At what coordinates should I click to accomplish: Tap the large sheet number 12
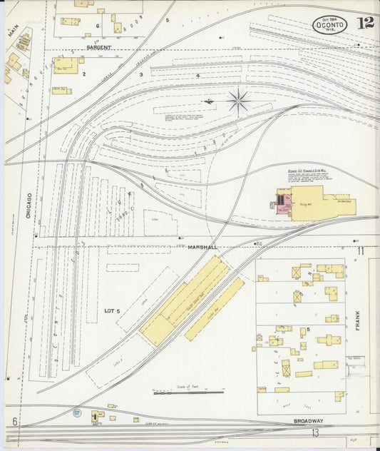(x=366, y=22)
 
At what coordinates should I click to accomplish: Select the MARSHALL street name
(x=202, y=247)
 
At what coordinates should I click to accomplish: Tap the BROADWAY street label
(x=308, y=421)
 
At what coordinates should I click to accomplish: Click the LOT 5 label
(x=113, y=310)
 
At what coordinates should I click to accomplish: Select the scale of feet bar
(x=188, y=392)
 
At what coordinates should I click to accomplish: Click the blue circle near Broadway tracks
(x=76, y=412)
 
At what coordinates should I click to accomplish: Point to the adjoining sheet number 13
(x=314, y=433)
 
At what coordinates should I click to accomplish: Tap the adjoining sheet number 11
(x=361, y=250)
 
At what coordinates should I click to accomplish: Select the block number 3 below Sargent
(x=141, y=74)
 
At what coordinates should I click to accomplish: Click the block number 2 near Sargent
(x=83, y=74)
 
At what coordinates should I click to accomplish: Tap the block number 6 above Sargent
(x=97, y=25)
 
